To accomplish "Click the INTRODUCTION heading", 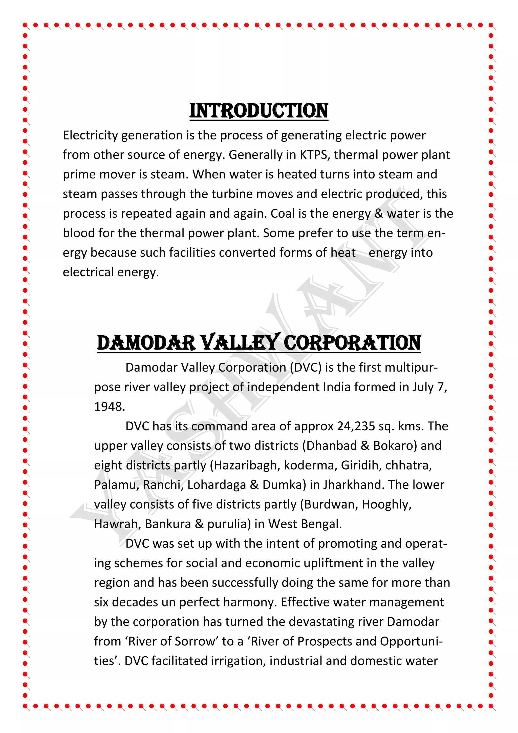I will pyautogui.click(x=259, y=111).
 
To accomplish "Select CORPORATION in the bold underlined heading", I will pyautogui.click(x=352, y=343).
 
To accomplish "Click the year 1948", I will pyautogui.click(x=109, y=407).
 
